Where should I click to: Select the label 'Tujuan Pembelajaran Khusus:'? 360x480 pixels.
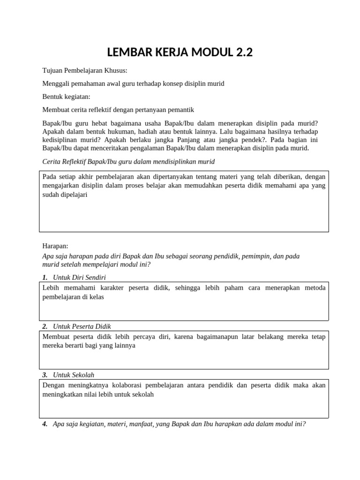coord(85,70)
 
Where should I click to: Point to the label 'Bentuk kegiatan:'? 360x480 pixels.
coord(66,97)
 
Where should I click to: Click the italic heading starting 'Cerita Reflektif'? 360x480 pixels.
coord(128,161)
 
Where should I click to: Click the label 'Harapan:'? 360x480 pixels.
coord(55,246)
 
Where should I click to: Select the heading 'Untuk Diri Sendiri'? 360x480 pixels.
coord(79,277)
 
